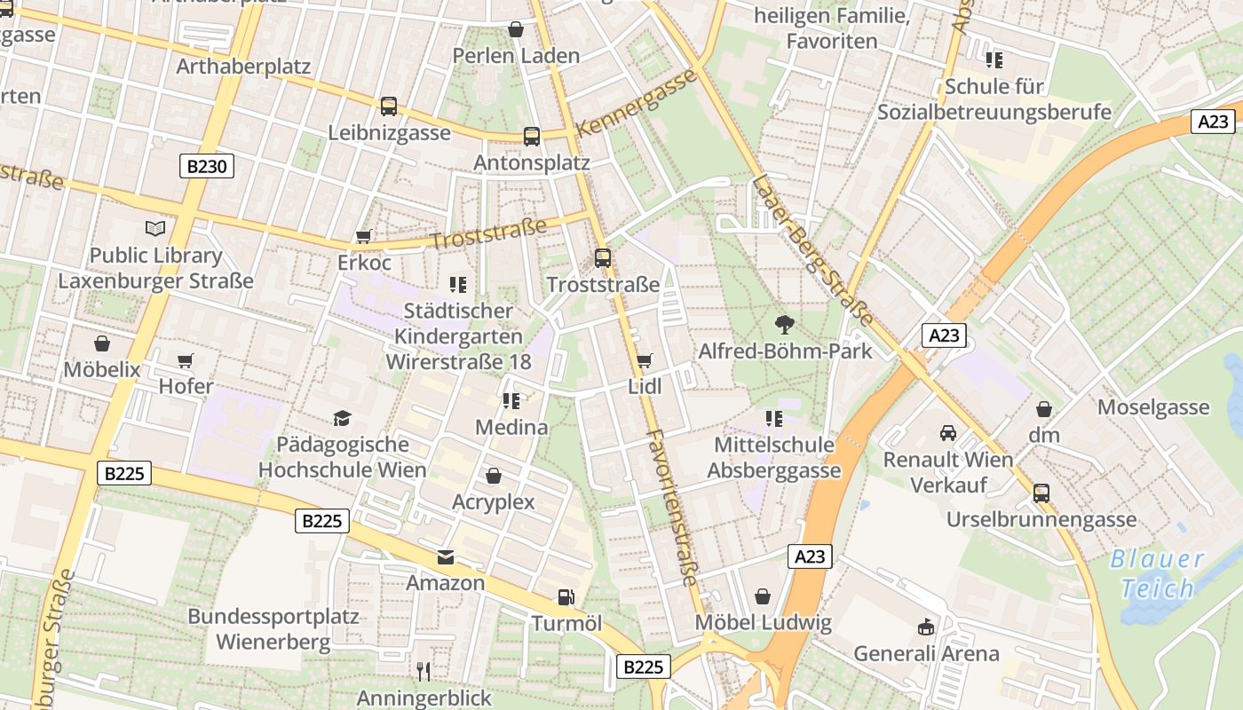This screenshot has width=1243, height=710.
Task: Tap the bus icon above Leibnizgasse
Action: pyautogui.click(x=388, y=106)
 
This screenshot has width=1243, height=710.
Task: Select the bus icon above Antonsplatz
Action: pyautogui.click(x=531, y=136)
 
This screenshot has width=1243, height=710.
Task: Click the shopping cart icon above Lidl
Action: pyautogui.click(x=645, y=360)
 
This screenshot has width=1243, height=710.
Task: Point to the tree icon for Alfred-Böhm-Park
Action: pyautogui.click(x=785, y=324)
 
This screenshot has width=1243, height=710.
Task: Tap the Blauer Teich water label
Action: pyautogui.click(x=1157, y=573)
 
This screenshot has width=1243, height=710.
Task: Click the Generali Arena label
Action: pyautogui.click(x=926, y=654)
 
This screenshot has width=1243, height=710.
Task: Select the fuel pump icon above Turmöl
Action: pyautogui.click(x=566, y=597)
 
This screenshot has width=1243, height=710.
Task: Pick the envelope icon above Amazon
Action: pyautogui.click(x=445, y=557)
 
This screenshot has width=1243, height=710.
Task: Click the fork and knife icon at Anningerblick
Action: pyautogui.click(x=424, y=671)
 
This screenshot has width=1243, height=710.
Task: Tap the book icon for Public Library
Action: pyautogui.click(x=155, y=229)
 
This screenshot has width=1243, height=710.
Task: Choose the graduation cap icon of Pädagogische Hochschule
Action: pyautogui.click(x=342, y=418)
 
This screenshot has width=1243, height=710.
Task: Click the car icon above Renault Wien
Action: pyautogui.click(x=948, y=433)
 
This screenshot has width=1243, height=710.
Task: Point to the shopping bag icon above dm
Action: pyautogui.click(x=1044, y=409)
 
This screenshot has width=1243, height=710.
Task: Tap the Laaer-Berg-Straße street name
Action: pyautogui.click(x=812, y=250)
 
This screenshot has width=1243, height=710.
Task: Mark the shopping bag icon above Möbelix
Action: pyautogui.click(x=101, y=343)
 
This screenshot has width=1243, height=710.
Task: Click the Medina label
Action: pyautogui.click(x=511, y=427)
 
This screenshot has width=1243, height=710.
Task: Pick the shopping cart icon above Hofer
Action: pyautogui.click(x=185, y=360)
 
